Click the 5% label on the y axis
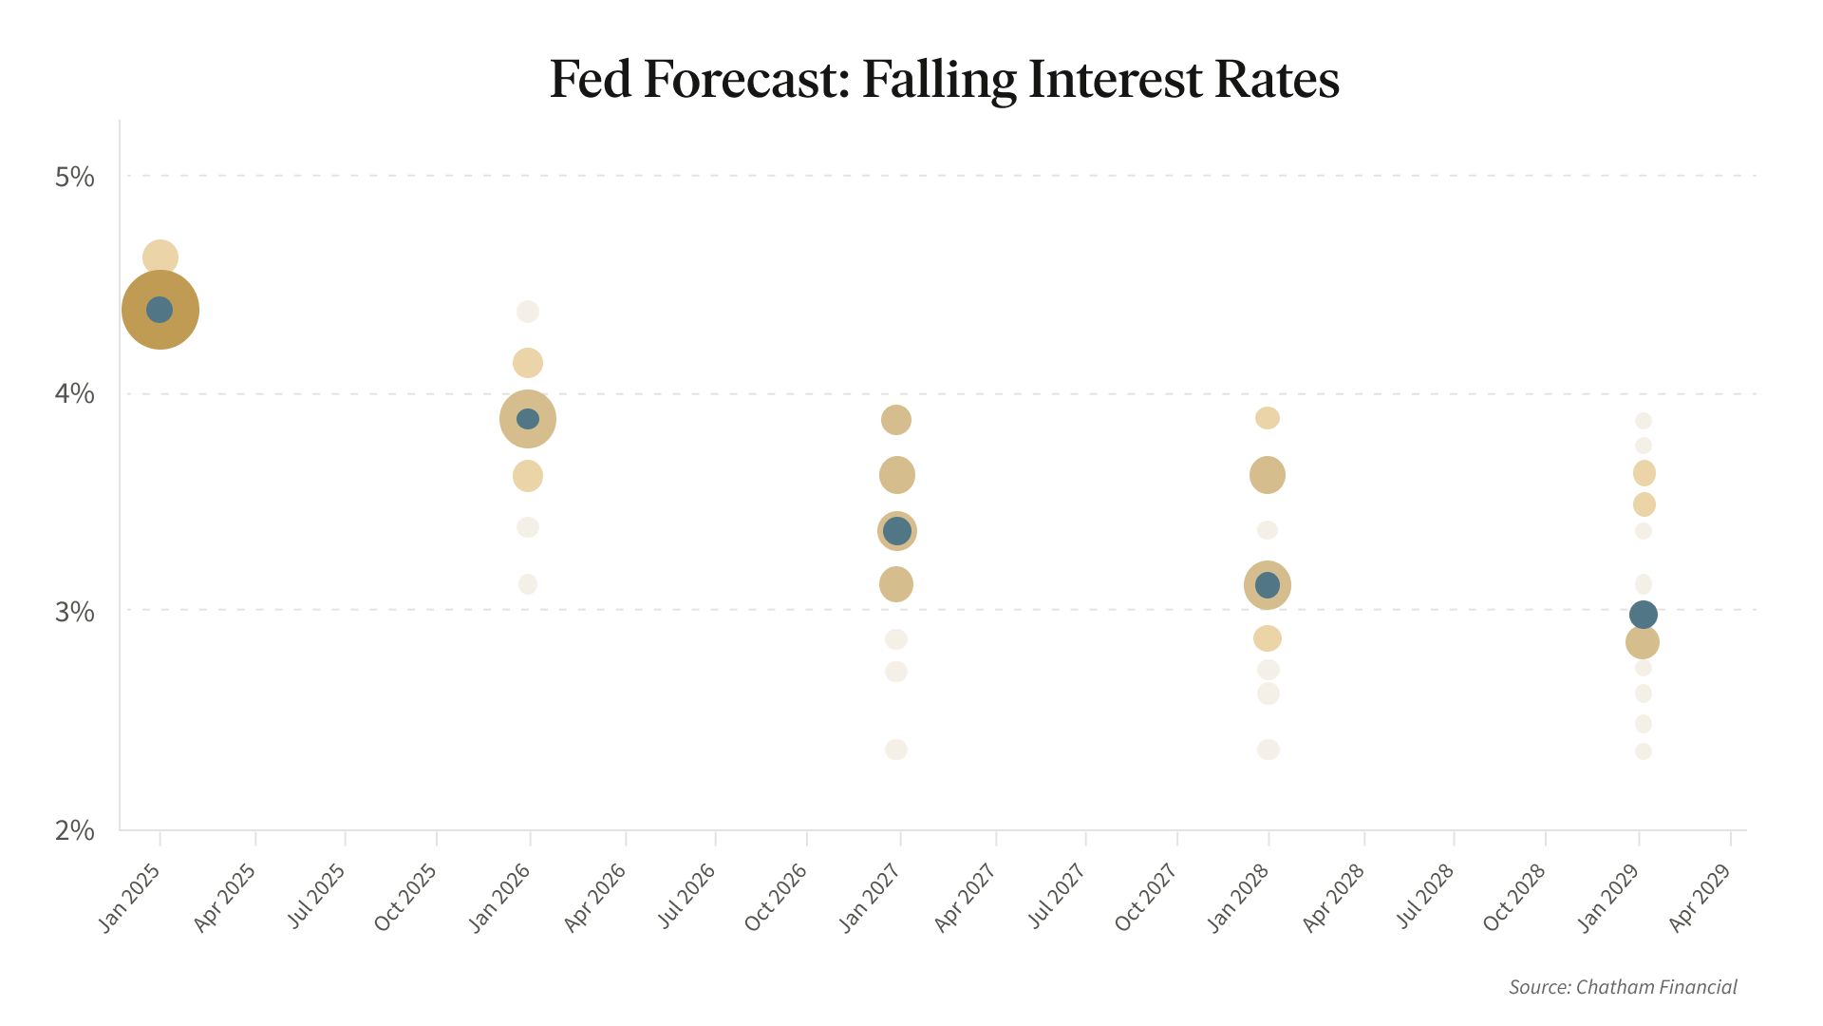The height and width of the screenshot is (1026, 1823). tap(75, 177)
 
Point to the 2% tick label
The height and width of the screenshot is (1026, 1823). tap(75, 830)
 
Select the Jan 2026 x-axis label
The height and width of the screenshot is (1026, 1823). tap(500, 897)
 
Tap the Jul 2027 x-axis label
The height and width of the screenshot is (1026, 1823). tap(1057, 897)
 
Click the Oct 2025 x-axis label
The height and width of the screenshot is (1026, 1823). tap(405, 897)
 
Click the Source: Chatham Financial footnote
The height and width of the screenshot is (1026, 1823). tap(1623, 987)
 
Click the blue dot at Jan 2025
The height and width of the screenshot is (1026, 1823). tap(160, 310)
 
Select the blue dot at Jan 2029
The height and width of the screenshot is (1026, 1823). tap(1644, 615)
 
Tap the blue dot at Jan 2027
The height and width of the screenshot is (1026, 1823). tap(896, 531)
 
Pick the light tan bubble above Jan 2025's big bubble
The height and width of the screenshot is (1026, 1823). tap(160, 257)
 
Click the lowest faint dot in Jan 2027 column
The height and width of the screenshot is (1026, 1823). tap(896, 750)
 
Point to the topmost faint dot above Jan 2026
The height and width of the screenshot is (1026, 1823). tap(528, 312)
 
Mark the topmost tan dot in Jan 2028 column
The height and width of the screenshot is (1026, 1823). tap(1268, 418)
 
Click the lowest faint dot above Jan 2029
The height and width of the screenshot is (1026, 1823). tap(1644, 751)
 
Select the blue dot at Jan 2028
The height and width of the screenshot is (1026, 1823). tap(1268, 585)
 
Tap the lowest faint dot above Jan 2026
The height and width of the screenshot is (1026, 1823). tap(528, 584)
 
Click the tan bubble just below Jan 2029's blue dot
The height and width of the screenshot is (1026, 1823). tap(1643, 643)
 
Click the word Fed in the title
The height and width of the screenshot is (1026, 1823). tap(590, 80)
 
